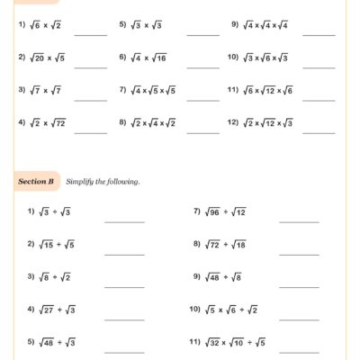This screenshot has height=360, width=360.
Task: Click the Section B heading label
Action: [x=37, y=182]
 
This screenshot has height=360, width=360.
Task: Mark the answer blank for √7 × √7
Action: [x=91, y=99]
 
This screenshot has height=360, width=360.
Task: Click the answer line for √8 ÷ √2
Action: [x=124, y=285]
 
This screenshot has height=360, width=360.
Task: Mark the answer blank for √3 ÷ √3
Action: [x=124, y=220]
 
